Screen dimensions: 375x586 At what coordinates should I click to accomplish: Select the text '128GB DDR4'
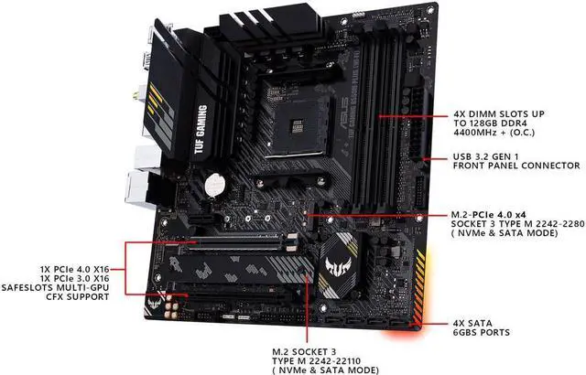pos(487,128)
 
